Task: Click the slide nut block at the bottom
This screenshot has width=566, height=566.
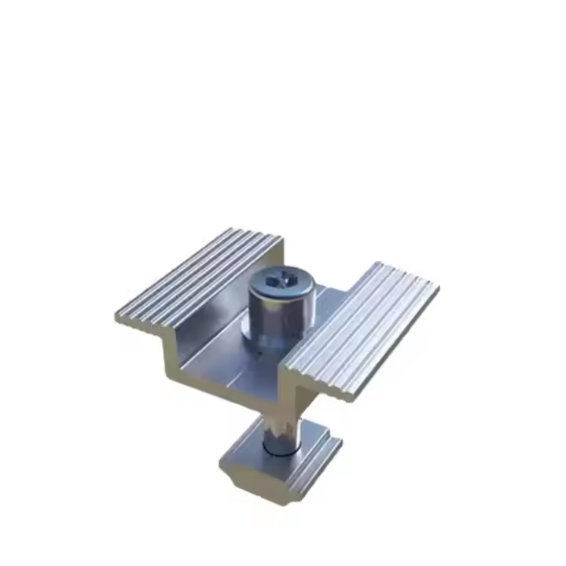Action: point(283,464)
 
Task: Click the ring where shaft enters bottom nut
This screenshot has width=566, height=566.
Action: point(279,450)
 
